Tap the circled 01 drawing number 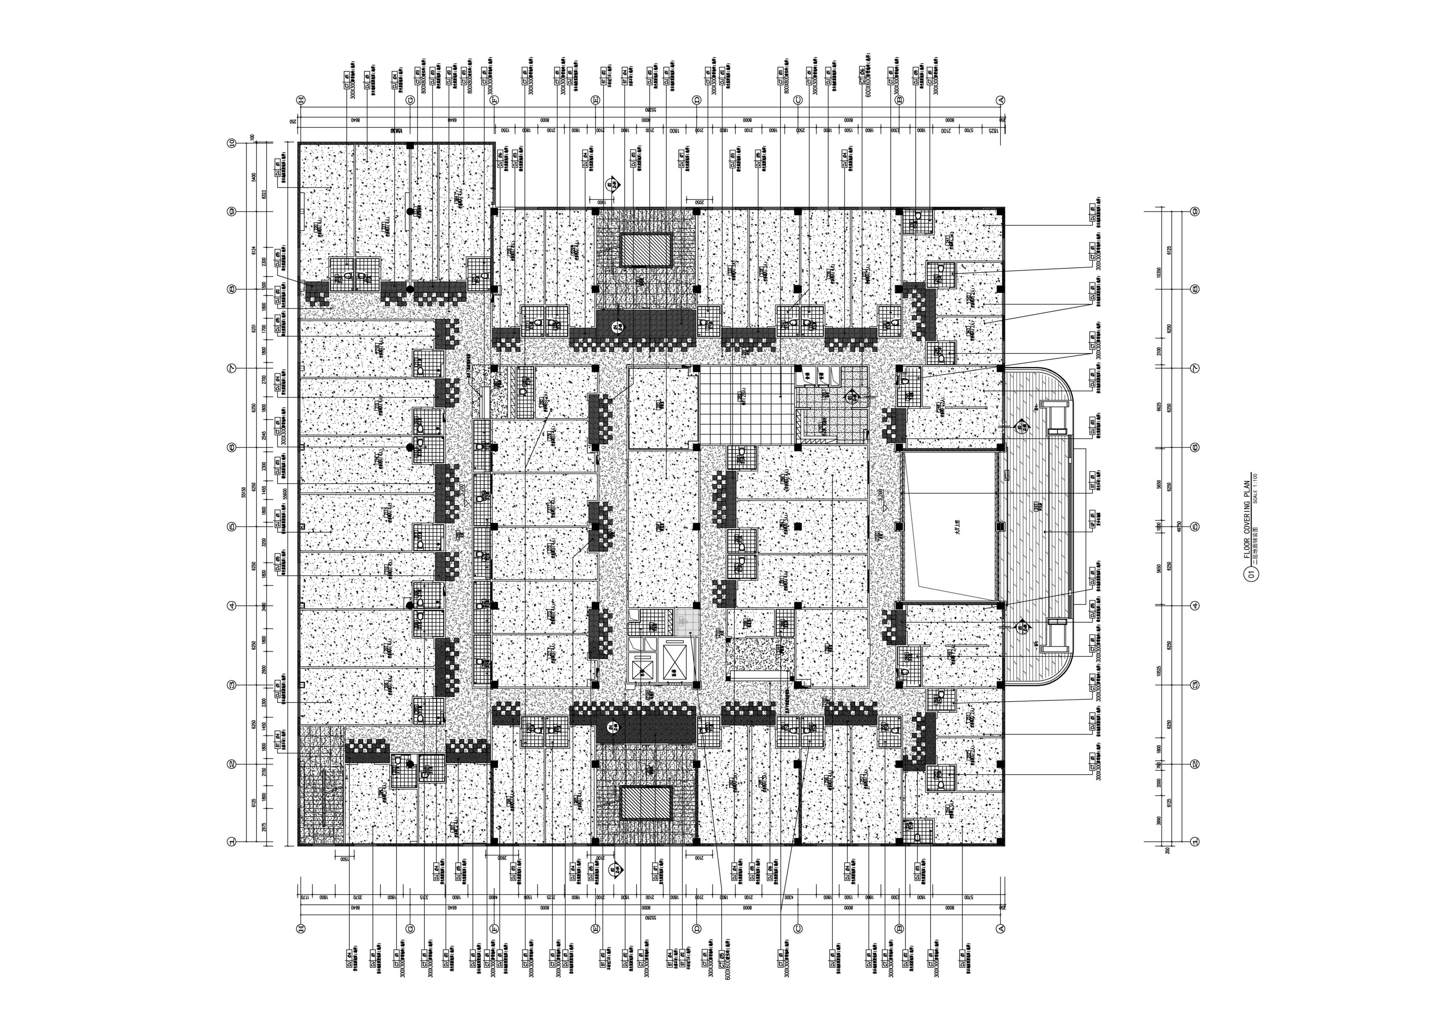[1250, 574]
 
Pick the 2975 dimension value [264, 827]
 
